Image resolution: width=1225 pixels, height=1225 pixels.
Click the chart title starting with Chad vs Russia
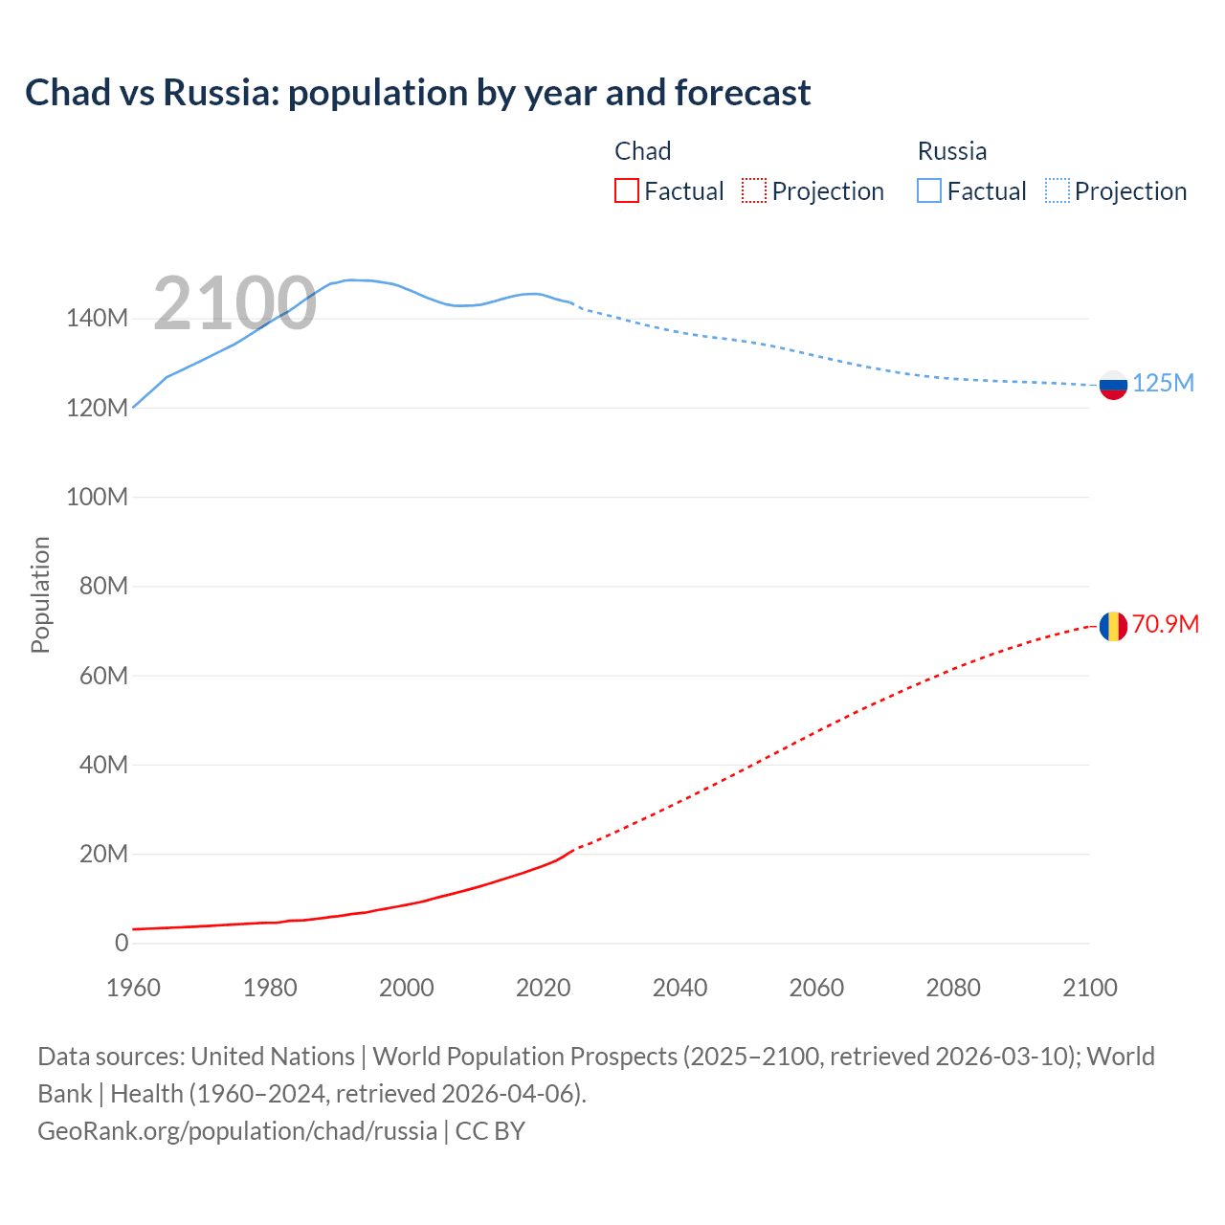click(417, 93)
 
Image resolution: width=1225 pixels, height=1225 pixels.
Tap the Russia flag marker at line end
click(1113, 385)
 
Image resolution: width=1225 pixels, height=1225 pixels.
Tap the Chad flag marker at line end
click(1113, 626)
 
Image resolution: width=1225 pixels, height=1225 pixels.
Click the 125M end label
click(1163, 383)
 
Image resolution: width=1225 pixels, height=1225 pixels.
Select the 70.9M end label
click(1165, 624)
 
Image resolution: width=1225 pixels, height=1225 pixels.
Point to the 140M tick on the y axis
click(97, 319)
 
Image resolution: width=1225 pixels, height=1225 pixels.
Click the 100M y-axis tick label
click(97, 497)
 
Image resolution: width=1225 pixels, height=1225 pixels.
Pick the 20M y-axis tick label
click(102, 854)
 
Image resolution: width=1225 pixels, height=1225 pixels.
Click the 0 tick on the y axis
click(121, 943)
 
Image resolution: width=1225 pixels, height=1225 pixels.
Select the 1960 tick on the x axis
click(133, 988)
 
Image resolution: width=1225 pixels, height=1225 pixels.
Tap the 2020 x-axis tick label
click(543, 988)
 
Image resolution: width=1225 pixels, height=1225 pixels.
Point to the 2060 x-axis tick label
click(816, 988)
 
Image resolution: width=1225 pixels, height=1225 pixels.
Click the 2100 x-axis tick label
click(1089, 988)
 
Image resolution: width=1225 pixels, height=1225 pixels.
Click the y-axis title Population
click(40, 594)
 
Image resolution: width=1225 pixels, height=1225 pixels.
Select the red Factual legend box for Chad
click(627, 190)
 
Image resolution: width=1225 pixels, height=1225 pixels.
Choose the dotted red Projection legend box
click(754, 190)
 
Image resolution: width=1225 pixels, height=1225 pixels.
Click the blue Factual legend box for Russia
click(929, 190)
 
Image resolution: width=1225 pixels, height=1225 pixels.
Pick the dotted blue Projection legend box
click(1058, 190)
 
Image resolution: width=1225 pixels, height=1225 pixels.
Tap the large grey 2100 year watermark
click(234, 303)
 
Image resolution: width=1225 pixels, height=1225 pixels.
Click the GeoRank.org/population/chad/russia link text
click(237, 1130)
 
